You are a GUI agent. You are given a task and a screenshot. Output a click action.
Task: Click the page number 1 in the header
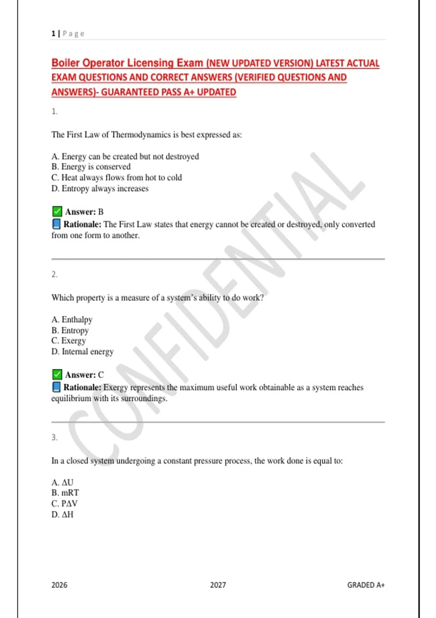tap(53, 34)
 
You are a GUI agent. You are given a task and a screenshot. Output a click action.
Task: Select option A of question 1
tap(125, 156)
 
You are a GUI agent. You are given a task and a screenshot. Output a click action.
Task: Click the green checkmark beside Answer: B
tap(57, 211)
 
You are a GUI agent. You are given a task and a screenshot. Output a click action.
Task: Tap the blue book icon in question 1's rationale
tap(56, 224)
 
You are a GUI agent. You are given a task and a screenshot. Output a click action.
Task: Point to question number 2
tap(54, 274)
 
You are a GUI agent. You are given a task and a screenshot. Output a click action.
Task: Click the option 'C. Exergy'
tap(69, 341)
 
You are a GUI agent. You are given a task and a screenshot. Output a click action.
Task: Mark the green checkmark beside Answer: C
tap(57, 374)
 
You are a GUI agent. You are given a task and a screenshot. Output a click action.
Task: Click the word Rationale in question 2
tap(82, 388)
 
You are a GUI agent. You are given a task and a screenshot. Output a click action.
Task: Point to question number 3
tap(54, 437)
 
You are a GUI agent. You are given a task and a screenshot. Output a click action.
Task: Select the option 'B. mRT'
tap(65, 493)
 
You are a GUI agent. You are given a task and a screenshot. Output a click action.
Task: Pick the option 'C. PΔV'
tap(64, 504)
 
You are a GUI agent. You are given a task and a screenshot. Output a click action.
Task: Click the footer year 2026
tap(59, 585)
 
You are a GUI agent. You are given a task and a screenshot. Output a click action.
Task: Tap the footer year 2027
tap(218, 585)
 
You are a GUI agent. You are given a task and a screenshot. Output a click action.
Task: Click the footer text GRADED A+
tap(366, 585)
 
